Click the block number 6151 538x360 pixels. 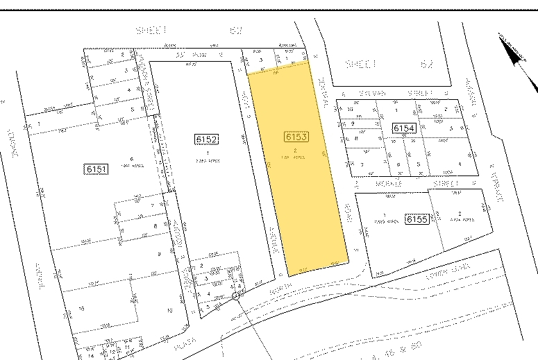click(x=94, y=169)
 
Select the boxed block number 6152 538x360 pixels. click(x=207, y=139)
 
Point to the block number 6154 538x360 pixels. click(x=403, y=128)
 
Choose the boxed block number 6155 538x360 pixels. click(x=417, y=218)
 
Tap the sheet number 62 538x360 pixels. click(x=426, y=63)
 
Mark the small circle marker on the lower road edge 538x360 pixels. click(x=235, y=296)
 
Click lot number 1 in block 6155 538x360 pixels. click(x=384, y=215)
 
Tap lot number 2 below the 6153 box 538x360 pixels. click(x=296, y=151)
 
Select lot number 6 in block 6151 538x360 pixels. click(x=131, y=158)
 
